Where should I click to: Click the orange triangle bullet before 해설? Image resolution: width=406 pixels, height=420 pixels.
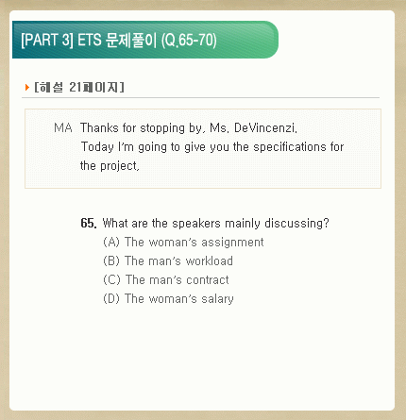(x=27, y=87)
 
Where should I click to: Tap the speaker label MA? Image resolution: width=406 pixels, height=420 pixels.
(x=63, y=127)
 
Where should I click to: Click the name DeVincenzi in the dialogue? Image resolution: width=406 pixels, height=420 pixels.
(x=265, y=127)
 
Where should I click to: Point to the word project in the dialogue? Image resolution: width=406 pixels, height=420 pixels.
(x=119, y=166)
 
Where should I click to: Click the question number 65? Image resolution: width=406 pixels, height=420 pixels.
(x=89, y=223)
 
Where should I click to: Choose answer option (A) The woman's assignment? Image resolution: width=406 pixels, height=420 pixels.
(x=183, y=242)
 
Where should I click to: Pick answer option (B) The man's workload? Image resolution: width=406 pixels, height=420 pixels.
(x=168, y=260)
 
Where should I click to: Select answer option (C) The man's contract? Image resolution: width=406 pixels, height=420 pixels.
(x=166, y=279)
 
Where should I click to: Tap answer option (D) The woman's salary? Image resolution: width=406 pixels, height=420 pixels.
(x=168, y=298)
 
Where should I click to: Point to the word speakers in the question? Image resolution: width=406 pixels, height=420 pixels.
(x=196, y=223)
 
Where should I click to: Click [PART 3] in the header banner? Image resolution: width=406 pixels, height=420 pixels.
(x=47, y=40)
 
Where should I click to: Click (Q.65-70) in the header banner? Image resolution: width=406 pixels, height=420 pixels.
(x=189, y=40)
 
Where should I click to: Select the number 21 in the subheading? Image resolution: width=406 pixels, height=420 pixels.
(x=76, y=87)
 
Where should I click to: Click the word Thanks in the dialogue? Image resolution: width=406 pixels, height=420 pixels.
(x=99, y=127)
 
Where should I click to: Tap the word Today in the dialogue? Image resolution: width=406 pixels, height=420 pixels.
(x=97, y=147)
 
